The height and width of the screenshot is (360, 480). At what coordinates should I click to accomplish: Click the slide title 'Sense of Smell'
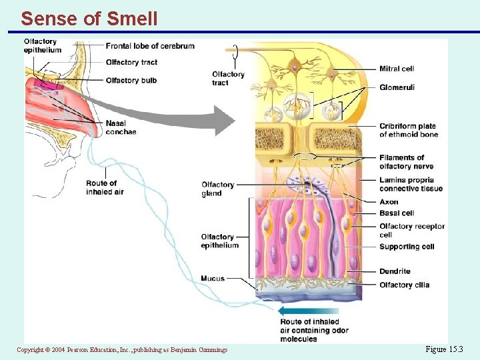[x=89, y=18]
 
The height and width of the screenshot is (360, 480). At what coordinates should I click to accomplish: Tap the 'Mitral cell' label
[x=397, y=69]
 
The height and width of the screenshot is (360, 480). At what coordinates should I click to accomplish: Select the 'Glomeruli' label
[x=397, y=87]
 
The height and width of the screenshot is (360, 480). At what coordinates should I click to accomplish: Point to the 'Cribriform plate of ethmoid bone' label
[x=408, y=130]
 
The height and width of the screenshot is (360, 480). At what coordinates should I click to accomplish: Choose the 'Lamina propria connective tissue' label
[x=411, y=184]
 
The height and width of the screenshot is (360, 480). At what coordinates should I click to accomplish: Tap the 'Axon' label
[x=389, y=202]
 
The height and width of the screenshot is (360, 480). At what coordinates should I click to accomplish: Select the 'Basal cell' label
[x=397, y=213]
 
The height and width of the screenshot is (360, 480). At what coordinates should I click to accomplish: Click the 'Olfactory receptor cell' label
[x=411, y=230]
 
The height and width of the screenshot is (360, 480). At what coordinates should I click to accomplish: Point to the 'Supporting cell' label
[x=407, y=247]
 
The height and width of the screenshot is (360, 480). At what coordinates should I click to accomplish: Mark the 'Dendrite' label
[x=395, y=271]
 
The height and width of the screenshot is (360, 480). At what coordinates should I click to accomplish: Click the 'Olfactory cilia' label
[x=404, y=285]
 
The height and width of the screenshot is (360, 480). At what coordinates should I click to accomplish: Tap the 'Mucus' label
[x=213, y=278]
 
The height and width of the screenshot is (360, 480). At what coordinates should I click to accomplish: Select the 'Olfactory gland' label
[x=217, y=189]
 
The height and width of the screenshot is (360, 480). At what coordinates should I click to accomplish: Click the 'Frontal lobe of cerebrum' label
[x=150, y=46]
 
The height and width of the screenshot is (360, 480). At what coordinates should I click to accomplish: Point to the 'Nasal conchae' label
[x=120, y=127]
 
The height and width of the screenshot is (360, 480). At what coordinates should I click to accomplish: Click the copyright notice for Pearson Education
[x=122, y=350]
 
